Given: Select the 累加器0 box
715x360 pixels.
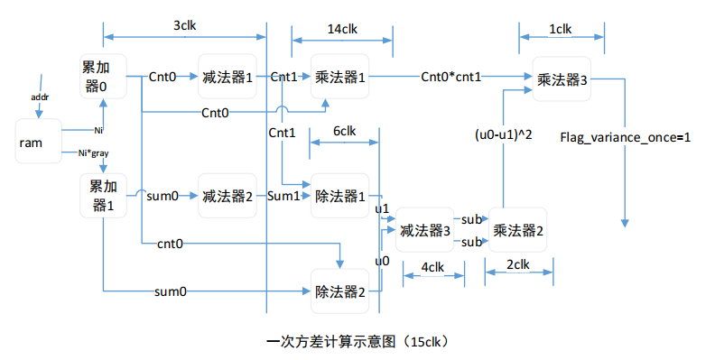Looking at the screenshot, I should (x=102, y=77).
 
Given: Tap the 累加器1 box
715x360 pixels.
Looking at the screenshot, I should (x=102, y=196).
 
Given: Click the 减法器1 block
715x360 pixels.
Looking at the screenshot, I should (x=227, y=78).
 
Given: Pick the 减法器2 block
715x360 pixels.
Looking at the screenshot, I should (x=227, y=196).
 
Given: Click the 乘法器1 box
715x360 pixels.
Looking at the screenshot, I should (x=340, y=78).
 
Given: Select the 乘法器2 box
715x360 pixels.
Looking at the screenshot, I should (x=517, y=231).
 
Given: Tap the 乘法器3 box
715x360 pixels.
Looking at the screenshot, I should (x=562, y=79).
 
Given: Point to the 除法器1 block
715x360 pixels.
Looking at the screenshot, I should (x=340, y=196).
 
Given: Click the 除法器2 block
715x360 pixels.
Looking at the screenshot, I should (x=340, y=291).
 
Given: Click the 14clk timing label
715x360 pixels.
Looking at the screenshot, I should (x=342, y=29).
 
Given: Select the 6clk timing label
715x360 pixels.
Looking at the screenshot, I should (x=344, y=131).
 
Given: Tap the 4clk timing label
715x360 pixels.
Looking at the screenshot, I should (x=433, y=268).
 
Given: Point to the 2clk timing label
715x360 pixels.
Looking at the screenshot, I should (x=517, y=264).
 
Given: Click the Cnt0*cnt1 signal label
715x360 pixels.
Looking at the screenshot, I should (x=451, y=78).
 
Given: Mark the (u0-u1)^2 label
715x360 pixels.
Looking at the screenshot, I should (x=503, y=135).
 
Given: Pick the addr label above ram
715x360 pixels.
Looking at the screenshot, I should (x=41, y=95).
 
